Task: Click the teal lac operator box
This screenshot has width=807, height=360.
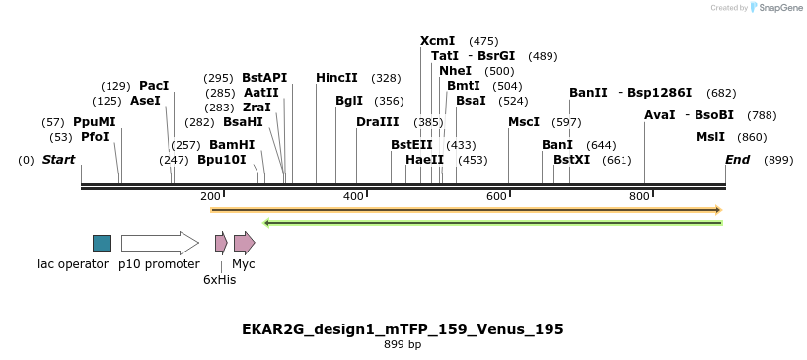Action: [x=102, y=243]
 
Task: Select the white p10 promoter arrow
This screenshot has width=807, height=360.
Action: [x=159, y=243]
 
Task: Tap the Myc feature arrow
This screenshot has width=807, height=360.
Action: [x=244, y=243]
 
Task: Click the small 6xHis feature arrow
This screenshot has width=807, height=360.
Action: [x=221, y=243]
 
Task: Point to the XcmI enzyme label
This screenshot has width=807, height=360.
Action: [x=437, y=41]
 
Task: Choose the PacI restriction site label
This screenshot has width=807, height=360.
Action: [x=154, y=86]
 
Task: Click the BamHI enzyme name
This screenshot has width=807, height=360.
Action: [x=232, y=144]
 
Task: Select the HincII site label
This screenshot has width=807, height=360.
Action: [x=336, y=78]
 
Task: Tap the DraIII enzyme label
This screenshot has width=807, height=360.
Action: [x=378, y=122]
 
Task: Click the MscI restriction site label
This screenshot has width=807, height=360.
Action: [x=524, y=122]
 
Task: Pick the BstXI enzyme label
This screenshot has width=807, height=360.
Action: [x=571, y=159]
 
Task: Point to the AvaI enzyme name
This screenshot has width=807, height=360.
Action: [x=660, y=115]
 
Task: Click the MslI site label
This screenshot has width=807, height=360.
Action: [x=710, y=137]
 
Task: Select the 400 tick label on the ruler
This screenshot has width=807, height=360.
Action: [x=353, y=197]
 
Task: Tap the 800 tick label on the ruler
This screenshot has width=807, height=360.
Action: [x=639, y=197]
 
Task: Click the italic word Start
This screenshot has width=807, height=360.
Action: [x=58, y=159]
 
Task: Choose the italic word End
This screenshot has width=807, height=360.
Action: [x=737, y=159]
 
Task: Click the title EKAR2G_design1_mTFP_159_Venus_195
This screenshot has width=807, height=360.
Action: [x=403, y=329]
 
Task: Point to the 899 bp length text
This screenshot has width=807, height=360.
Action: [x=403, y=345]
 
